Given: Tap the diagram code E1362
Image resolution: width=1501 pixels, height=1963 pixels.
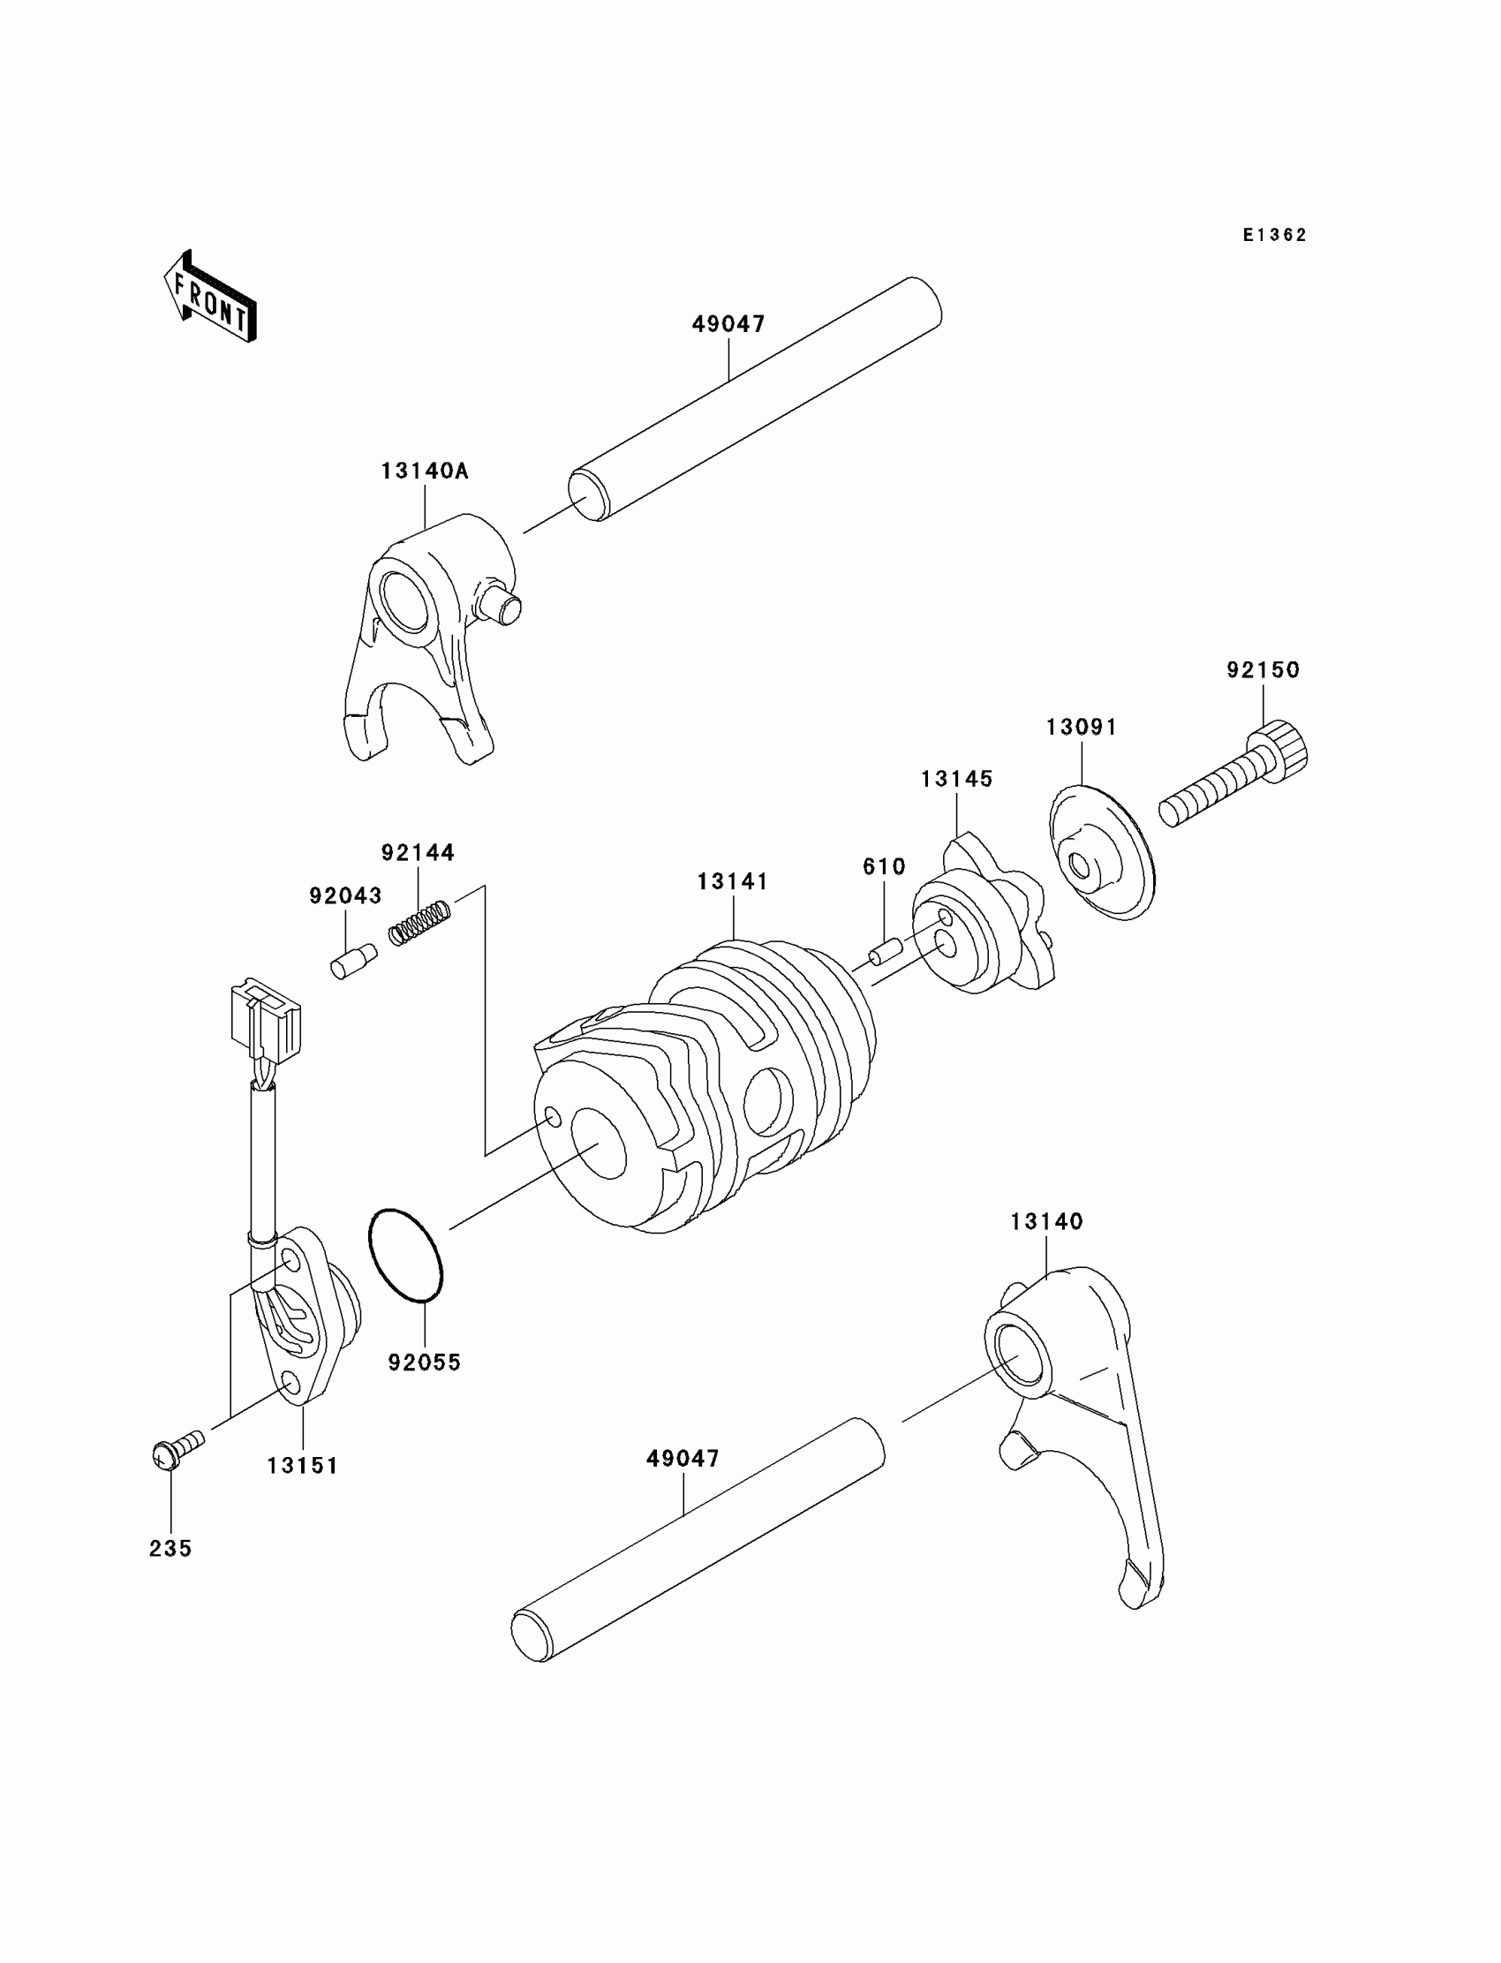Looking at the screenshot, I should [1274, 235].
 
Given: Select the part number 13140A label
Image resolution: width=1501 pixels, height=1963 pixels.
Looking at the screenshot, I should [425, 471].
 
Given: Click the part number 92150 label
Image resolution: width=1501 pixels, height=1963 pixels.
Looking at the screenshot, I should [1263, 670].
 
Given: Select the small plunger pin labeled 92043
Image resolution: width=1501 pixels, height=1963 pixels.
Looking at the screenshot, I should [354, 962].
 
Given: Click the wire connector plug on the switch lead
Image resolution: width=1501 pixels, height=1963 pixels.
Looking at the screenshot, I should [267, 1022].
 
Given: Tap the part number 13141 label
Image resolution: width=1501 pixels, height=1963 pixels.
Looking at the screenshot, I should [733, 882].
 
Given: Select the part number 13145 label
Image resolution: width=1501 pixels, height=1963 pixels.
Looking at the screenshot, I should [957, 779].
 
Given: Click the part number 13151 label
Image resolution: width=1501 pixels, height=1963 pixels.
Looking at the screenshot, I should [303, 1465].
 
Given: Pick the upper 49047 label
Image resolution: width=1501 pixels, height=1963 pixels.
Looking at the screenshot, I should [728, 324].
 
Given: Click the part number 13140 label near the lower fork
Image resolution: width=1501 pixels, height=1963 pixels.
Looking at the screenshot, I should [1046, 1221].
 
